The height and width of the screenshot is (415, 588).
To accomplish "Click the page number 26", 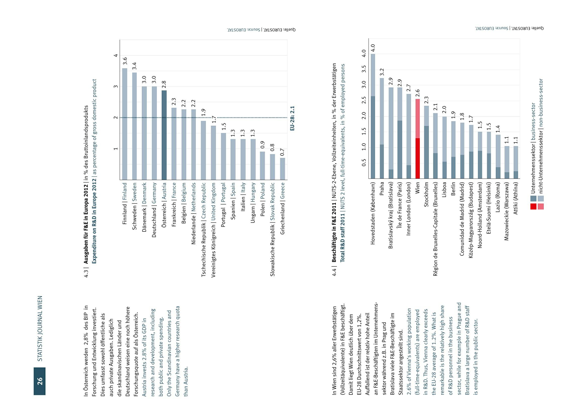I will tap(40, 381).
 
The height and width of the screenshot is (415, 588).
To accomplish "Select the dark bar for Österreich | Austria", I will tap(164, 135).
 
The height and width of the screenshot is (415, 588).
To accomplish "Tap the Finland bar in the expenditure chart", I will tap(125, 124).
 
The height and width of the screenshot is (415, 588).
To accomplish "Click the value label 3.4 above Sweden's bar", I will tap(134, 66).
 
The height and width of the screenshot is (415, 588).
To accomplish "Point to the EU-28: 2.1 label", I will tap(292, 118).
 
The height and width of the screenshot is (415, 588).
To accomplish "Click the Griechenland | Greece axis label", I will tap(283, 208).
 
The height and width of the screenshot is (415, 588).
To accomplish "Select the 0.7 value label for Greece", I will tap(282, 152).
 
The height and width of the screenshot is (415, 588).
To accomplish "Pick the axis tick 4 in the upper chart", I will tap(116, 55).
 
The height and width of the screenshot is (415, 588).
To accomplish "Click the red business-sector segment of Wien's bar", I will tap(418, 158).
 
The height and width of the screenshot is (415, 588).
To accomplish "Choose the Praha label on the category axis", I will tap(382, 189).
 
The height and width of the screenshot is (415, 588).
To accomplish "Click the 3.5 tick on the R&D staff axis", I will tap(364, 69).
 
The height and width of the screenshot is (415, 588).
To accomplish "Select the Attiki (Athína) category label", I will tap(516, 198).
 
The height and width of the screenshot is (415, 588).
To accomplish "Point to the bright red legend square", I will tap(533, 206).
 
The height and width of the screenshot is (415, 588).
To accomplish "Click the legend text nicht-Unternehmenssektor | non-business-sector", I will tap(541, 136).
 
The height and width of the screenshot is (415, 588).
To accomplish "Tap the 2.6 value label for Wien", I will tap(418, 93).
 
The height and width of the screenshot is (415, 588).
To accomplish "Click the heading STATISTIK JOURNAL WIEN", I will tap(40, 329).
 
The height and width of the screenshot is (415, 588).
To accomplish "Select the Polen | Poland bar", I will tap(262, 166).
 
